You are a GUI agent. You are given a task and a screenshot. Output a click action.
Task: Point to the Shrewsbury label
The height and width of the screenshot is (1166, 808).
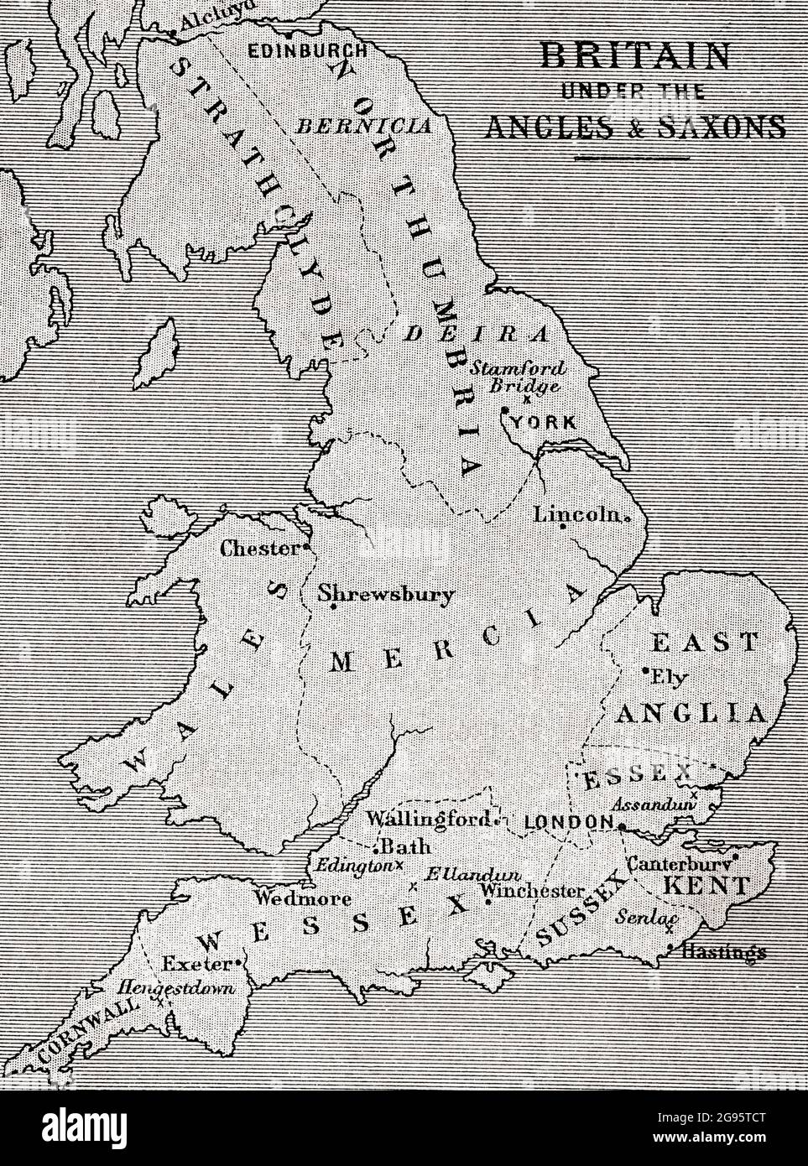click(387, 594)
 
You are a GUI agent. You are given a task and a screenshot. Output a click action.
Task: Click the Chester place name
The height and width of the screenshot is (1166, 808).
click(259, 549)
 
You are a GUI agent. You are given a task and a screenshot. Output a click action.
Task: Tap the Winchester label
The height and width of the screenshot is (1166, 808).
click(534, 890)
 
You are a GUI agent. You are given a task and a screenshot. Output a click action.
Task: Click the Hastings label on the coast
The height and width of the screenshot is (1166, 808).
click(724, 952)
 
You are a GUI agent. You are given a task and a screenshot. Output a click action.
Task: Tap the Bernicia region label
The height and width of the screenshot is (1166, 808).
click(364, 127)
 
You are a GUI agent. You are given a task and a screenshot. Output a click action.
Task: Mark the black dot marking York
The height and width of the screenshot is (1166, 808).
click(505, 411)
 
